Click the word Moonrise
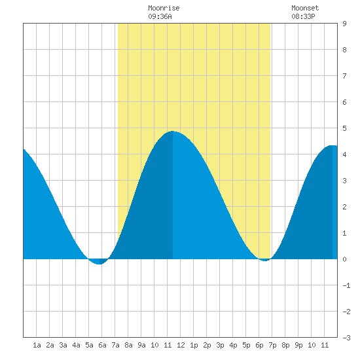(x=164, y=8)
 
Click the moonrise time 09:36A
(x=160, y=16)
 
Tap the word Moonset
(x=305, y=8)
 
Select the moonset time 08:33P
(x=303, y=16)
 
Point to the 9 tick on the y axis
(x=344, y=24)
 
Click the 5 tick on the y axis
(x=344, y=128)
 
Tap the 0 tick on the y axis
(x=344, y=259)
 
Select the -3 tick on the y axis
(x=346, y=338)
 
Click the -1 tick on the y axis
(x=346, y=285)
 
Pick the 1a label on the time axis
(x=37, y=345)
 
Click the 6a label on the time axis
(x=102, y=345)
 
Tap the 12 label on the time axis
(x=181, y=345)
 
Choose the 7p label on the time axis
(x=272, y=346)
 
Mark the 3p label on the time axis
(x=220, y=346)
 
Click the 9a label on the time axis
(x=141, y=345)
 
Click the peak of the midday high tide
(x=173, y=132)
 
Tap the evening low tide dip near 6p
(x=264, y=260)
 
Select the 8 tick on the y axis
(x=344, y=50)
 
